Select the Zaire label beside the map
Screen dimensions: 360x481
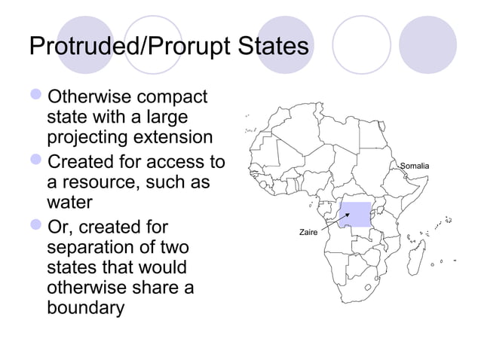308,233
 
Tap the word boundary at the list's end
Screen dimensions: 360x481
85,309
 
